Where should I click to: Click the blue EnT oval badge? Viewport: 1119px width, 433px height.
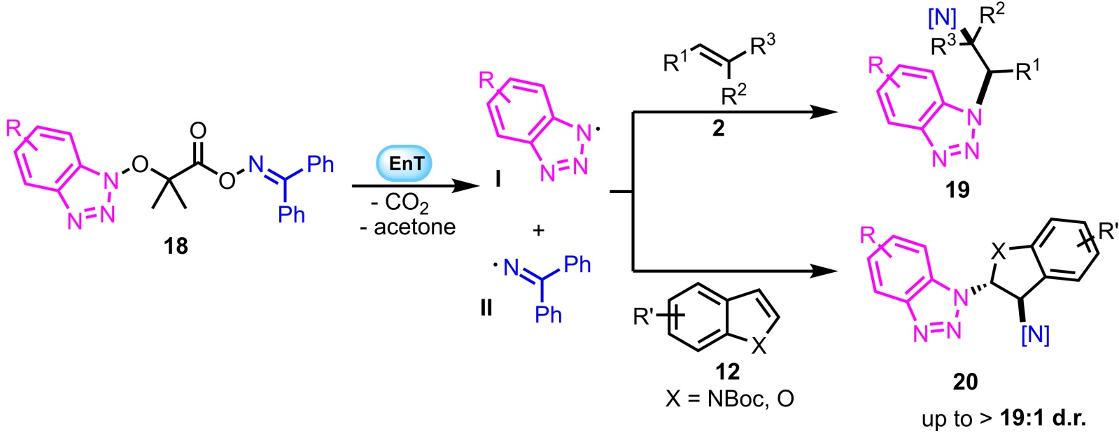406,164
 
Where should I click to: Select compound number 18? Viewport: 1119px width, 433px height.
176,246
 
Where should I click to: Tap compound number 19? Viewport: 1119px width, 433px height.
957,189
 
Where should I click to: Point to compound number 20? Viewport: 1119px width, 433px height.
965,381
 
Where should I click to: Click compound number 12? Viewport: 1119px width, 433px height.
727,371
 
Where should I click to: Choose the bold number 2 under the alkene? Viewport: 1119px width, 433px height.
718,128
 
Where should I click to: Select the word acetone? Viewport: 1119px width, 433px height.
415,227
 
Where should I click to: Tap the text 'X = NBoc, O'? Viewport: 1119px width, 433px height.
730,399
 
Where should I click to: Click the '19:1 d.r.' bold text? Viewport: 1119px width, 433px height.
1043,418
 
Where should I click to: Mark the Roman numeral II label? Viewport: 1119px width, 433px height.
486,307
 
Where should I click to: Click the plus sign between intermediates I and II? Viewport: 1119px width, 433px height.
538,230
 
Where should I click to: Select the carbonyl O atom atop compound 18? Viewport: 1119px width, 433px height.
198,131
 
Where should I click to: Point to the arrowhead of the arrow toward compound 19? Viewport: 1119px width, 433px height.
825,111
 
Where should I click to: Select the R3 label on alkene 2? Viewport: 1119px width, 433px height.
762,46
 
